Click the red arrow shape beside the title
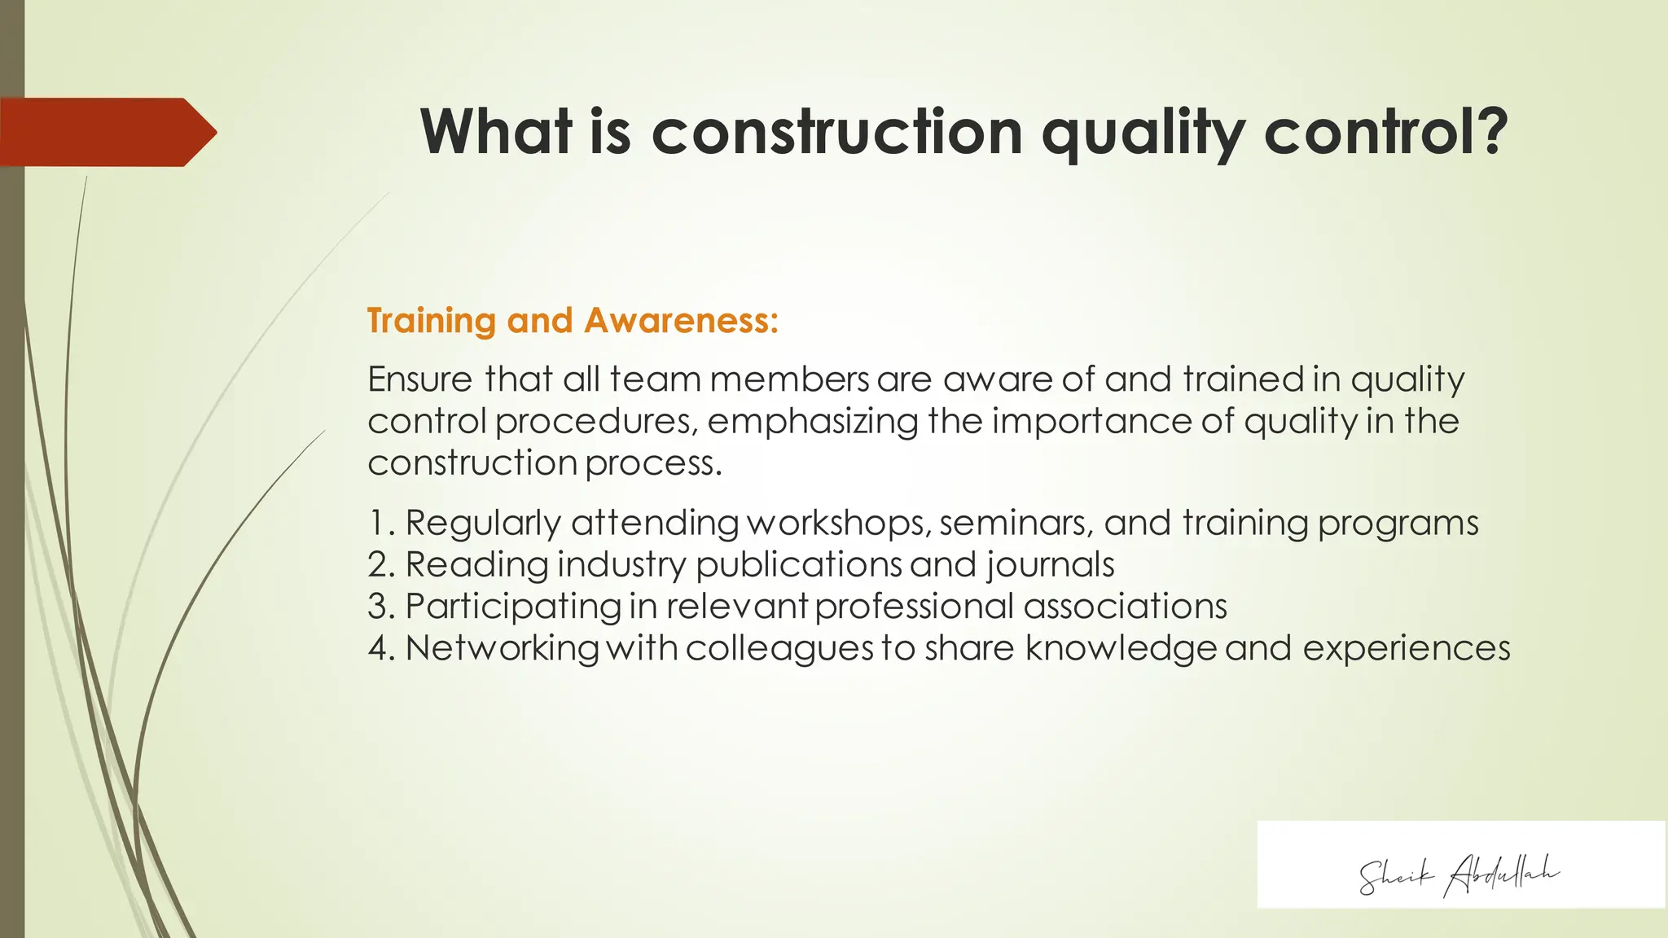pyautogui.click(x=106, y=132)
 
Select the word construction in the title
pyautogui.click(x=836, y=132)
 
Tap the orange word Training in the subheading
pyautogui.click(x=431, y=321)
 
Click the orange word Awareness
pyautogui.click(x=681, y=321)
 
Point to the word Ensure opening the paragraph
pyautogui.click(x=420, y=379)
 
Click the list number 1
pyautogui.click(x=379, y=523)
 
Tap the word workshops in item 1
pyautogui.click(x=838, y=523)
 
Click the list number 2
pyautogui.click(x=380, y=564)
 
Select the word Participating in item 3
pyautogui.click(x=513, y=607)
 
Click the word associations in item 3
pyautogui.click(x=1125, y=607)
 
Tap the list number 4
pyautogui.click(x=380, y=648)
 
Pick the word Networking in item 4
pyautogui.click(x=502, y=648)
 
